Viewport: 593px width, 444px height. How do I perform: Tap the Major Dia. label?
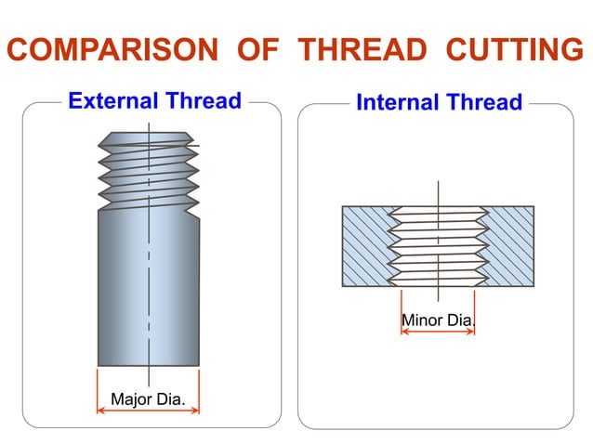coord(149,400)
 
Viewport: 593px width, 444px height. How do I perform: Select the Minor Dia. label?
coord(437,320)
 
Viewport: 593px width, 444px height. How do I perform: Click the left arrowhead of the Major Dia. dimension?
coord(100,409)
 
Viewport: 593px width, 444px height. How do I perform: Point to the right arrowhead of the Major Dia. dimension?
coord(196,409)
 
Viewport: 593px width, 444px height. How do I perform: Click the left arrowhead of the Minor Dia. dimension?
coord(403,330)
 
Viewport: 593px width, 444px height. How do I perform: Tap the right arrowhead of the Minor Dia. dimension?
coord(471,330)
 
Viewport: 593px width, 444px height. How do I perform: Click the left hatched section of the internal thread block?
coord(367,245)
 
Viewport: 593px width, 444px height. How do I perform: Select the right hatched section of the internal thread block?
coord(509,245)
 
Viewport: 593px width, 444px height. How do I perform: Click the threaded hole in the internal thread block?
coord(437,245)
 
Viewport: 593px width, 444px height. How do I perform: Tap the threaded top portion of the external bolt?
coord(149,173)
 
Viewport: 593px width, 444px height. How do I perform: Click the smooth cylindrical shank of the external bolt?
coord(149,288)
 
